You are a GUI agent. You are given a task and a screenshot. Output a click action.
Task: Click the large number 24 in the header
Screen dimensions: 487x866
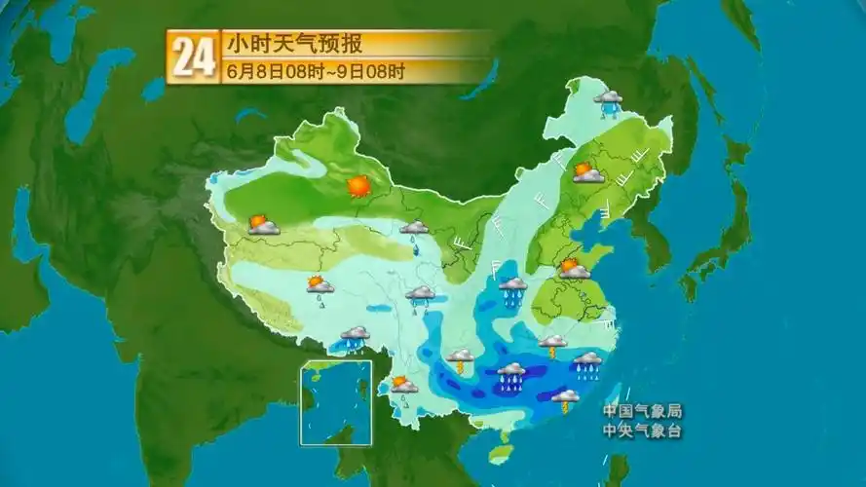(x=193, y=56)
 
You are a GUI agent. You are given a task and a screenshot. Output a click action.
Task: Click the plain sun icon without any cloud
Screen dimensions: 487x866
(x=359, y=185)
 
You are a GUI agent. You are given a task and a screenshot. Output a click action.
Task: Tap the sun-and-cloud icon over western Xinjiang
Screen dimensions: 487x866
(x=263, y=225)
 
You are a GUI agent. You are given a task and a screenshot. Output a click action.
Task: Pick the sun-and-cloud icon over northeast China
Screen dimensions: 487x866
(x=587, y=173)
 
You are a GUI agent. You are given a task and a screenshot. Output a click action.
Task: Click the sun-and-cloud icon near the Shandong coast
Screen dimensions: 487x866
(x=574, y=268)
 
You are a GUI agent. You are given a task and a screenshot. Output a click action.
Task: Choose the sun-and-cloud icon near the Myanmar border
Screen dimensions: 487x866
(x=403, y=385)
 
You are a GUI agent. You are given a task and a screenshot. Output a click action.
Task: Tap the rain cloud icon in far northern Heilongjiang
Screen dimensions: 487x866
(x=609, y=100)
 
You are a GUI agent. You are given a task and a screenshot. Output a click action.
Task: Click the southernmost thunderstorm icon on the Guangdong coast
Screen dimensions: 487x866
(x=565, y=398)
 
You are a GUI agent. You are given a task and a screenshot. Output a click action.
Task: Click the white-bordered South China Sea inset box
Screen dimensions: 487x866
(x=335, y=402)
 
